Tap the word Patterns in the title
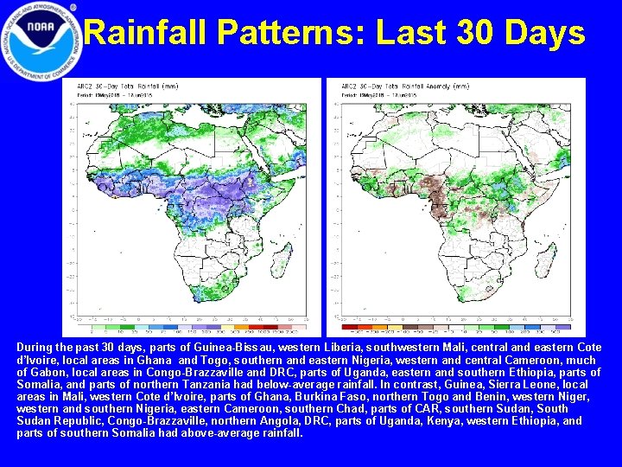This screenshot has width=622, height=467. tap(294, 34)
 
